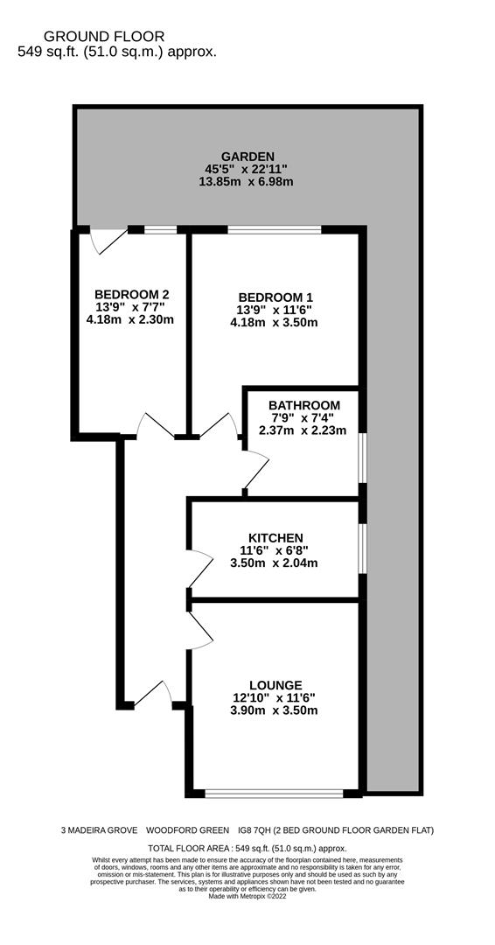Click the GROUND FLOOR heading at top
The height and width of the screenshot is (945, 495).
pyautogui.click(x=103, y=36)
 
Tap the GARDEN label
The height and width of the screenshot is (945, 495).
pyautogui.click(x=247, y=157)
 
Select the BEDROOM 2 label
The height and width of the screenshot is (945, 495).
pyautogui.click(x=130, y=293)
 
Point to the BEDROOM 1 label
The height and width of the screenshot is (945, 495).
pyautogui.click(x=275, y=297)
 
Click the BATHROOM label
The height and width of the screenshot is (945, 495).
pyautogui.click(x=303, y=405)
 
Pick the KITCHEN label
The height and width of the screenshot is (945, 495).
pyautogui.click(x=275, y=537)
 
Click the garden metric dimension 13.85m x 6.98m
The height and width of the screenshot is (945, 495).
pyautogui.click(x=247, y=181)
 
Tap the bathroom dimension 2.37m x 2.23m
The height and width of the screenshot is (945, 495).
pyautogui.click(x=303, y=430)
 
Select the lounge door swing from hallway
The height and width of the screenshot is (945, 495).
pyautogui.click(x=200, y=631)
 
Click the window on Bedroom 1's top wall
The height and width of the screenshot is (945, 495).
pyautogui.click(x=274, y=230)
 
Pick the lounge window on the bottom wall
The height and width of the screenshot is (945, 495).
pyautogui.click(x=274, y=794)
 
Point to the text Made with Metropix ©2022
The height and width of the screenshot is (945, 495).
pyautogui.click(x=247, y=896)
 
